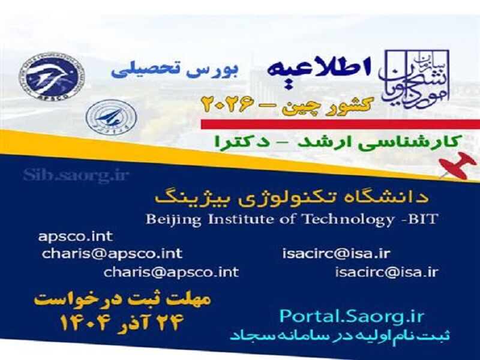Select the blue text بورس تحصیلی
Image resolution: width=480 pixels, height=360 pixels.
click(175, 70)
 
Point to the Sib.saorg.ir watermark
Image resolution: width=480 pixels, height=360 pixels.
click(76, 175)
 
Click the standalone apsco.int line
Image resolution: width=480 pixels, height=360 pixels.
click(75, 236)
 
